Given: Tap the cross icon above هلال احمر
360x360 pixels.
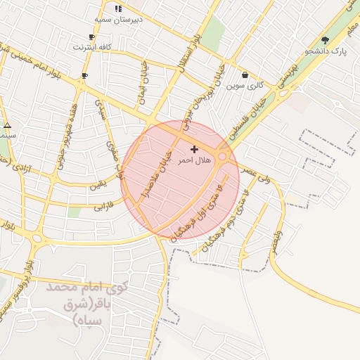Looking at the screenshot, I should (x=195, y=149).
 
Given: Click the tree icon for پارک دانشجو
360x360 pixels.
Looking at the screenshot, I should (x=325, y=40).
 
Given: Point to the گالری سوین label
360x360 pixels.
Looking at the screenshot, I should (x=245, y=86).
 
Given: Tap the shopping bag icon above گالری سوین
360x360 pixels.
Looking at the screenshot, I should (x=245, y=75).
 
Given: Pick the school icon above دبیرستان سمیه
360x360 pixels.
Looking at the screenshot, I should (x=118, y=8).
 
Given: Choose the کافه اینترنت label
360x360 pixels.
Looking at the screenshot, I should (x=91, y=48).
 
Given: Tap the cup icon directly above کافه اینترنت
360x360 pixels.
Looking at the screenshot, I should (x=91, y=37).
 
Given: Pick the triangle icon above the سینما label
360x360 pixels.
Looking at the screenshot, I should (x=8, y=126).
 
